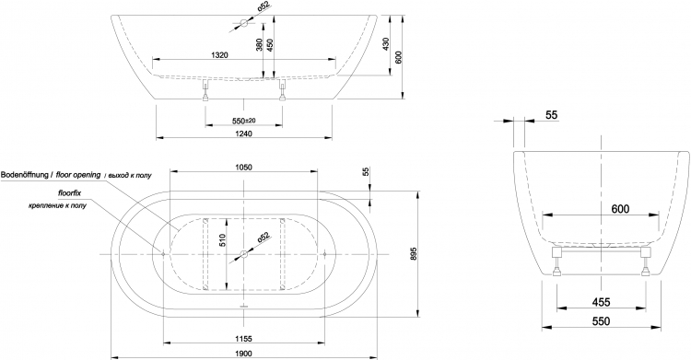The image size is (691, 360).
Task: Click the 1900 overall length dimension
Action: coord(243,354)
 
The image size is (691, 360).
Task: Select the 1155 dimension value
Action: coord(243,339)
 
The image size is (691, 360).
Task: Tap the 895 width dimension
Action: coord(413,255)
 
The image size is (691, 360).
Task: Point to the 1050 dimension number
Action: coord(243,167)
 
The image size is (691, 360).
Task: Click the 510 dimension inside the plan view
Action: coord(223,239)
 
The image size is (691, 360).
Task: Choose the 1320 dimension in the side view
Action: coord(219,55)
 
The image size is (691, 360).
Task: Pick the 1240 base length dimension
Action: coord(243,134)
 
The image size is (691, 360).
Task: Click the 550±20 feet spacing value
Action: coord(244,121)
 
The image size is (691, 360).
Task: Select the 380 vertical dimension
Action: coord(259,44)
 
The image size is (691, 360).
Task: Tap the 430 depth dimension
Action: coord(386,44)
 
